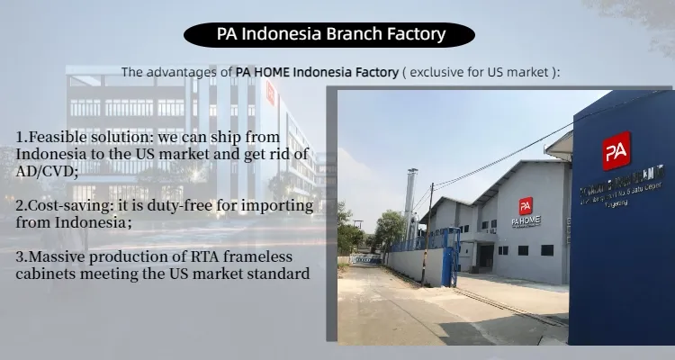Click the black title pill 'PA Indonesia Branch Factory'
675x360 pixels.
330,35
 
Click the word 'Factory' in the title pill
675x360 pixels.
416,35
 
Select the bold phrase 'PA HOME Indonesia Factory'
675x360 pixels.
317,71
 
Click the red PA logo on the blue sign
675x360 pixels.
616,150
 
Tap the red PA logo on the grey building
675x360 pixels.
526,206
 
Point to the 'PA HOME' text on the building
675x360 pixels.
526,220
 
